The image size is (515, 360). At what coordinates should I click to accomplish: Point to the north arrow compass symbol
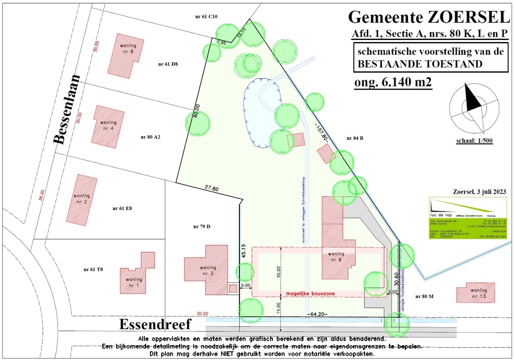(x=474, y=106)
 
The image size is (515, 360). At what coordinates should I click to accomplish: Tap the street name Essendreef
(x=155, y=324)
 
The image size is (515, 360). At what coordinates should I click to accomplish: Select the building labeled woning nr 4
(x=108, y=126)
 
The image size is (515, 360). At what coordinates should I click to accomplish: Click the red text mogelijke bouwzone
(x=310, y=294)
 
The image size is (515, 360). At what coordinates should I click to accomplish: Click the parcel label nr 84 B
(x=355, y=138)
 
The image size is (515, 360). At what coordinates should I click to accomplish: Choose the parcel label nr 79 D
(x=202, y=226)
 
